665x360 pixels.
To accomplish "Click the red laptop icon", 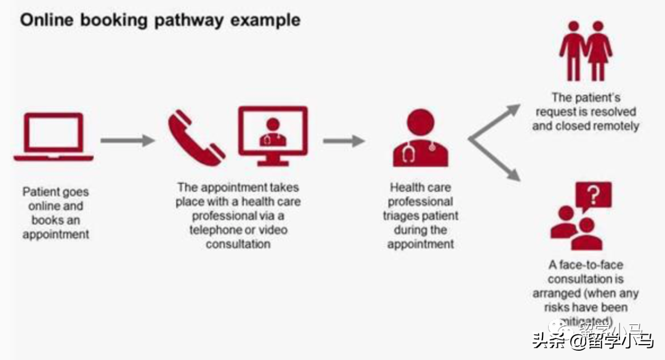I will click(54, 137).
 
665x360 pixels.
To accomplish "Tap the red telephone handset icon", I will click(196, 137).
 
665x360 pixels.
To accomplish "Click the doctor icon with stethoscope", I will click(420, 138).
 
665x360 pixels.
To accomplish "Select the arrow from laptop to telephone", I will click(127, 140).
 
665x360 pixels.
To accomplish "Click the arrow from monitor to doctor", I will click(344, 141).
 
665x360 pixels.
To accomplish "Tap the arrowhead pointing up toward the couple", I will click(512, 111).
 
